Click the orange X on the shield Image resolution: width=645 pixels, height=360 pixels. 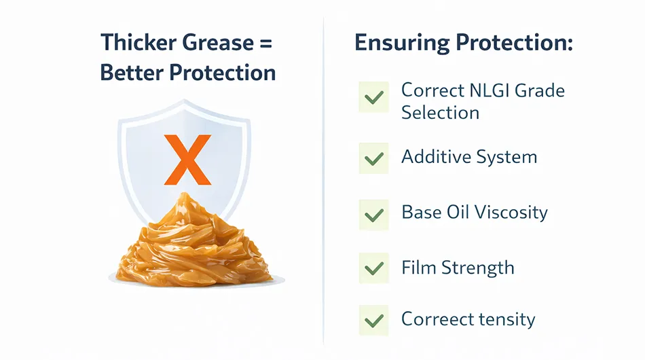pos(187,160)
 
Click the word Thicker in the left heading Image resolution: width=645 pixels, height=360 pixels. pos(137,42)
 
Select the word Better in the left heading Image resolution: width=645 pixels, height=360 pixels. pos(132,73)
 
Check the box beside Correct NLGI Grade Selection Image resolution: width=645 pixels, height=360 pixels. pos(374,97)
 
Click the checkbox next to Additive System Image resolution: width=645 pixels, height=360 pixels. pos(374,158)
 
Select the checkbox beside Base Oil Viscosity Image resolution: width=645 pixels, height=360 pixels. pos(374,215)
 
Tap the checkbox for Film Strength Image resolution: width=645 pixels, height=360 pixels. pos(374,268)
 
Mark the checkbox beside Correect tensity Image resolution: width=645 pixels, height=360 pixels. pos(374,320)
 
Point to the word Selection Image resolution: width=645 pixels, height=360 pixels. pos(440,113)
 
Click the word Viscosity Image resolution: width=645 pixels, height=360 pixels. pos(511,213)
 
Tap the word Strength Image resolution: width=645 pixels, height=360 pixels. pos(478,268)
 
